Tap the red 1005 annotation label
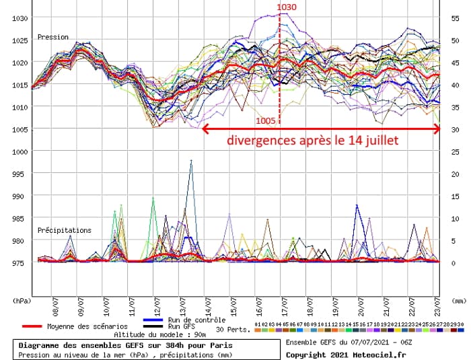click(266, 121)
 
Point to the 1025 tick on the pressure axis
click(21, 40)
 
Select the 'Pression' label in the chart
click(53, 37)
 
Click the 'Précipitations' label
click(65, 230)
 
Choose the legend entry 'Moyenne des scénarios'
click(87, 326)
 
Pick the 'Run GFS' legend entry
click(182, 326)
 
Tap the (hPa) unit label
click(21, 301)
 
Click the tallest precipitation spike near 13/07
click(192, 161)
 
